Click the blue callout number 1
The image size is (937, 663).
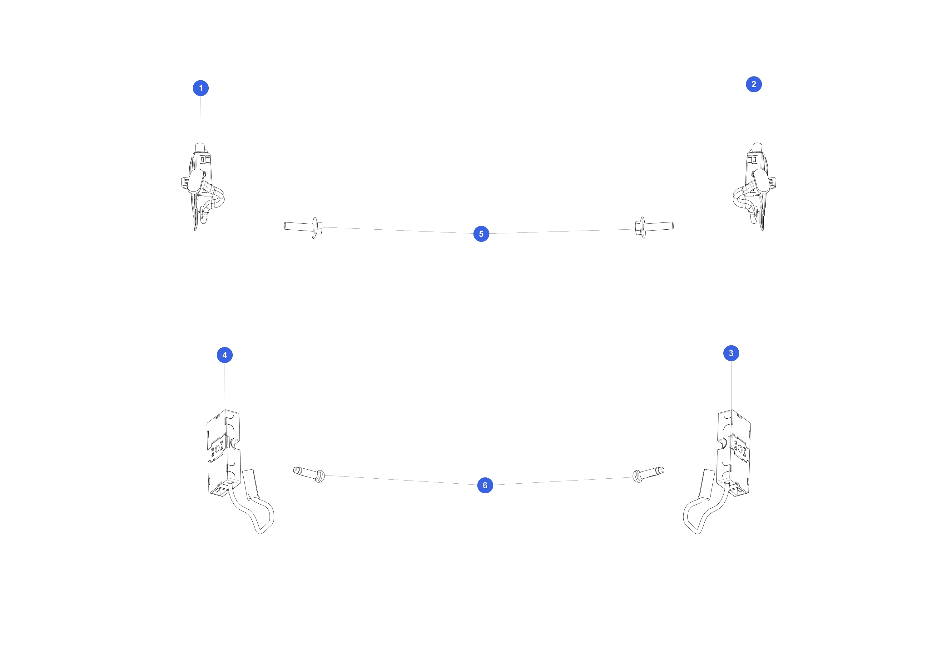tap(201, 88)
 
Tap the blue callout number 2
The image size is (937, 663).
tap(753, 84)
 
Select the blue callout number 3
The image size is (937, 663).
tap(731, 353)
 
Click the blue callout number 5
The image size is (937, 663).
tap(481, 234)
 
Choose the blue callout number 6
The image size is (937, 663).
tap(485, 485)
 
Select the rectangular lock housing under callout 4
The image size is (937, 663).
tap(223, 453)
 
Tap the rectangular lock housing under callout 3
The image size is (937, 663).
tap(733, 453)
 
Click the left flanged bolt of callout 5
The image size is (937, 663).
tap(303, 227)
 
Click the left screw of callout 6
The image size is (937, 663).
tap(309, 474)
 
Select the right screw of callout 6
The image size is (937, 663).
tap(648, 474)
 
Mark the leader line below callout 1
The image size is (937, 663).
tap(201, 120)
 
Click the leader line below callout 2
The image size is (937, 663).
tap(754, 117)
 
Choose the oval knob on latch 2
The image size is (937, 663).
tap(761, 181)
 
